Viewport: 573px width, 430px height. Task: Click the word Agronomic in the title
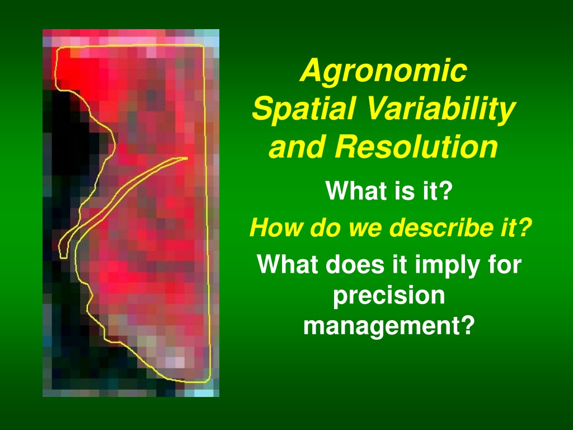coord(383,70)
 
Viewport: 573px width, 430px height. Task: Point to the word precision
coord(389,296)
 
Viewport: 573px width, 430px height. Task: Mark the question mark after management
coord(468,325)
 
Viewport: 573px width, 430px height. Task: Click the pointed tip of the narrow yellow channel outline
coord(187,158)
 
